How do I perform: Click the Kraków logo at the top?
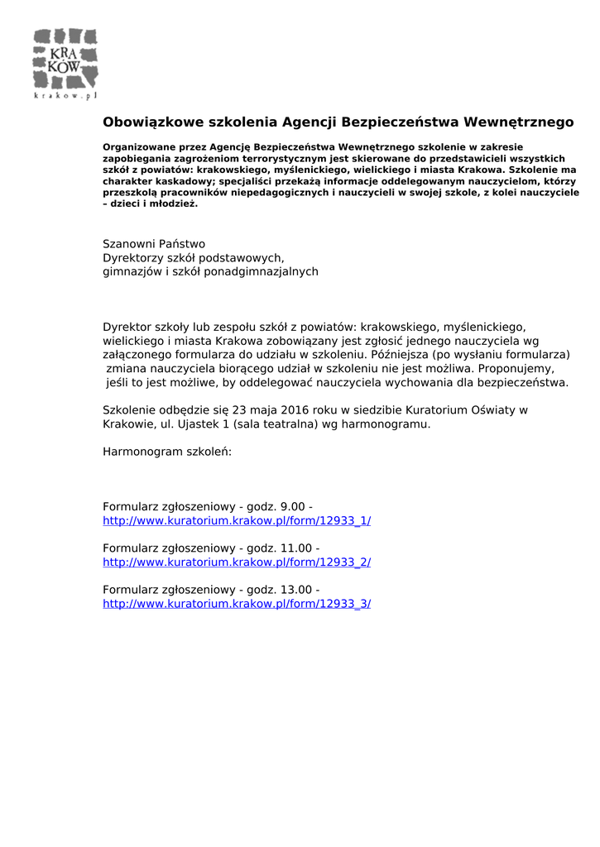tap(65, 64)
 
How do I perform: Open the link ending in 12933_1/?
tap(237, 520)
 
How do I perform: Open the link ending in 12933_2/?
tap(237, 562)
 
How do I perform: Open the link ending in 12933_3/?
tap(237, 603)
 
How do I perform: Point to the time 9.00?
tap(293, 506)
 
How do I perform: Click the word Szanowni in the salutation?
tap(127, 244)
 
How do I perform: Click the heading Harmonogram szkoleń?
tap(167, 452)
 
